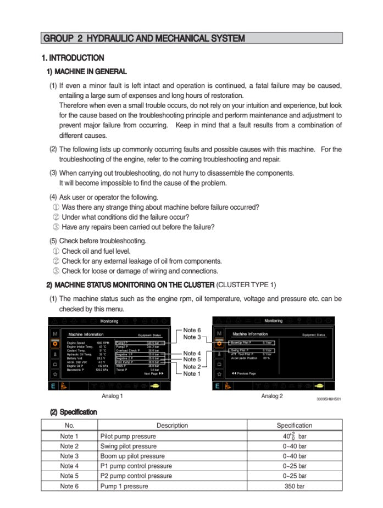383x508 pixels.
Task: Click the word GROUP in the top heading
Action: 58,38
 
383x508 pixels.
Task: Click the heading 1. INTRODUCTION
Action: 73,58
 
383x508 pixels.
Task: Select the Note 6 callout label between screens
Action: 192,330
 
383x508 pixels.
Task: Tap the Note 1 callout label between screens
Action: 192,374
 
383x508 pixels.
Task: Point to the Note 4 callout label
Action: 192,353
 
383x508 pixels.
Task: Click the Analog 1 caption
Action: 112,396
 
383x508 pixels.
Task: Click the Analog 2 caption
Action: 272,396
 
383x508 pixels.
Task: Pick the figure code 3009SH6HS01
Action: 329,399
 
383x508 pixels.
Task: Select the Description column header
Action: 172,425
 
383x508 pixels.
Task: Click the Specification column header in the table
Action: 294,425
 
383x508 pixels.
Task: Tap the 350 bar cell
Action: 294,486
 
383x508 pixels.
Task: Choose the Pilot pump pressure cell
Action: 128,436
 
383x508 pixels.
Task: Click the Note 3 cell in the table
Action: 69,456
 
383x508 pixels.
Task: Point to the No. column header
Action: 69,425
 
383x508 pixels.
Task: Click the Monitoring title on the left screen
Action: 109,321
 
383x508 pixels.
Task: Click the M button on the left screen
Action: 55,333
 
